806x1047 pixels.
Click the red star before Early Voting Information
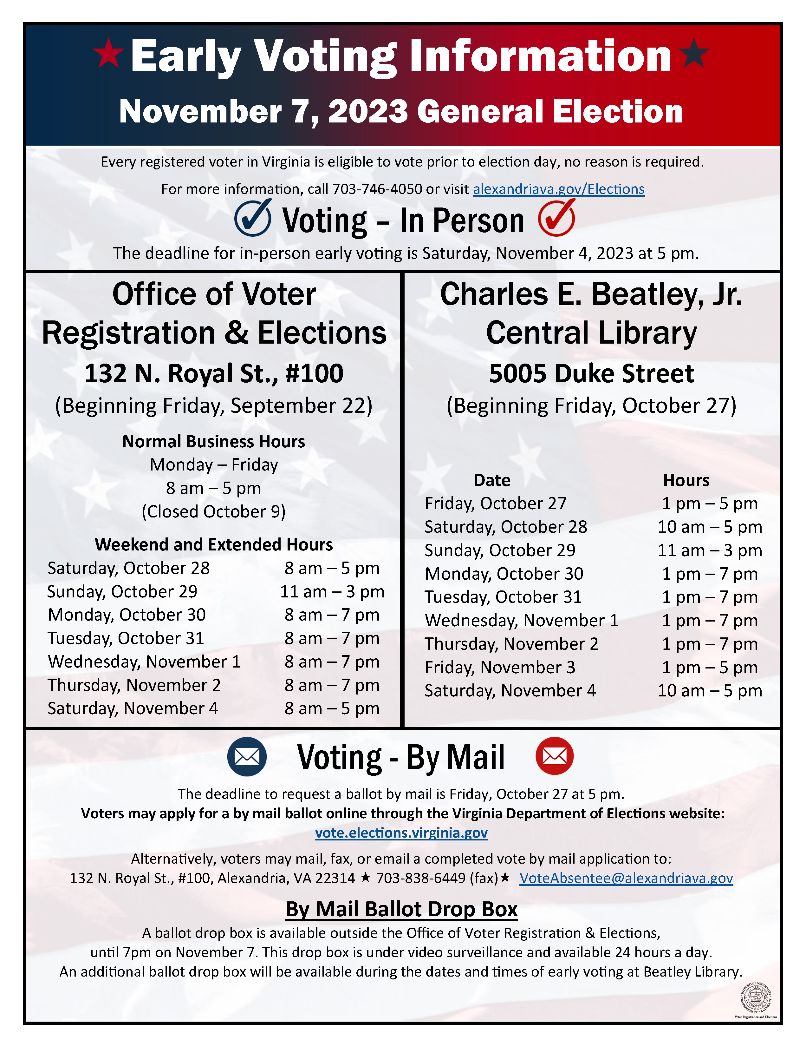point(108,53)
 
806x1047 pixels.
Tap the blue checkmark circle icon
point(252,218)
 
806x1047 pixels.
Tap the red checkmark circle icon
point(556,218)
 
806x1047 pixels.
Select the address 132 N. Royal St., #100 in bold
point(214,373)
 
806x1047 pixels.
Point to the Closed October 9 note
point(214,511)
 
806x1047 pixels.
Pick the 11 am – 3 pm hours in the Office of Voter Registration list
point(332,592)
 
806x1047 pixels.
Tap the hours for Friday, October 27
point(709,504)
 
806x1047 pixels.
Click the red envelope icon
point(555,756)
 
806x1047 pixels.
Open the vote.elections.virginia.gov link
point(401,833)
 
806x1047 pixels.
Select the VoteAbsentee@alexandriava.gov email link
point(626,878)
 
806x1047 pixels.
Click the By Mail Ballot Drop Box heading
point(401,909)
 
